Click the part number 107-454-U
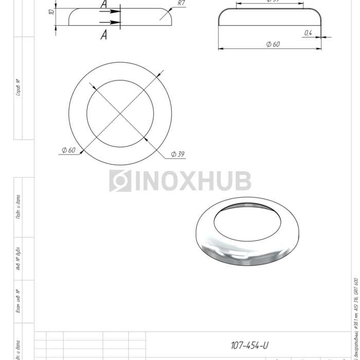(249, 345)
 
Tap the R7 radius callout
(181, 3)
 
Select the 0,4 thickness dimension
(308, 33)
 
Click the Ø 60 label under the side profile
(273, 44)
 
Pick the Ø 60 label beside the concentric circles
(68, 150)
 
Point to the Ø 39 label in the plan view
(177, 154)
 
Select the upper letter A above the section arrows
(104, 4)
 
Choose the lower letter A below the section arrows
(104, 34)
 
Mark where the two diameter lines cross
(120, 112)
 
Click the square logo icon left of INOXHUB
(120, 181)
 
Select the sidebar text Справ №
(19, 87)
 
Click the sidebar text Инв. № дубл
(19, 259)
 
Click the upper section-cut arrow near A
(110, 11)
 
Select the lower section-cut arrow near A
(110, 22)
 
